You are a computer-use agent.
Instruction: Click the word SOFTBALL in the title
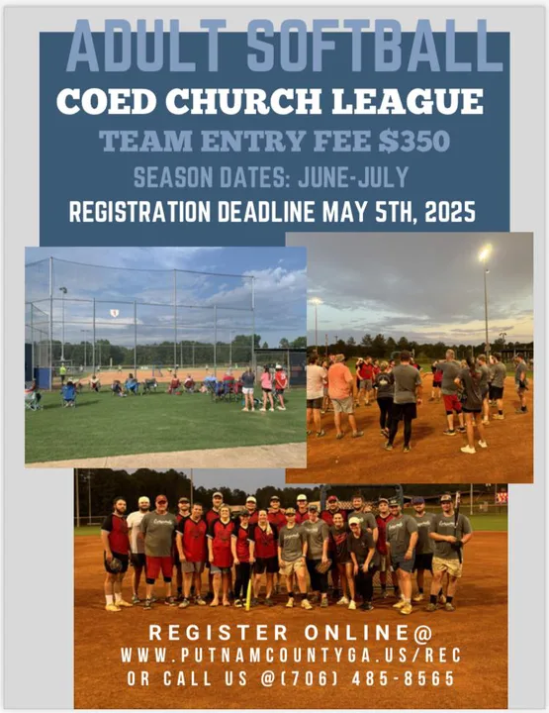pos(375,46)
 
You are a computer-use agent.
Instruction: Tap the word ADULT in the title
pos(146,46)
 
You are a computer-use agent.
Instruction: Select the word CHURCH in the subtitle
pos(243,101)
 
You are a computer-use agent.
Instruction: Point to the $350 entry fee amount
pos(414,141)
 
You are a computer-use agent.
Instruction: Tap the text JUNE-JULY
pos(353,177)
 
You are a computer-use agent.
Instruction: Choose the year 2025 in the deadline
pos(450,212)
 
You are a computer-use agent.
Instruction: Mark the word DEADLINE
pos(266,212)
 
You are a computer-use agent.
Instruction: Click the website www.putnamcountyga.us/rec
pos(291,656)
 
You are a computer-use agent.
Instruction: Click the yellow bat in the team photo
pos(248,587)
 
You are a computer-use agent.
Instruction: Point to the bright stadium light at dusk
pos(485,253)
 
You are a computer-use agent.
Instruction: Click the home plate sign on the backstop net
pos(115,313)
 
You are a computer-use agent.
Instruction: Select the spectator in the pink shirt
pos(266,387)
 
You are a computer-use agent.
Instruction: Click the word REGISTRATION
pos(139,212)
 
